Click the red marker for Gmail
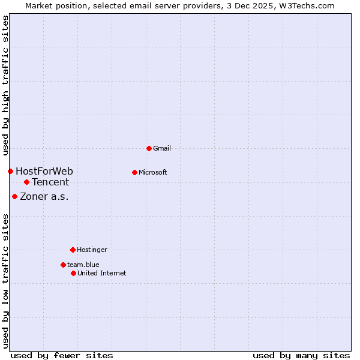(149, 148)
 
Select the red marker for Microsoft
(134, 172)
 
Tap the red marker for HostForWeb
(10, 171)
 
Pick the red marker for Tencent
(26, 182)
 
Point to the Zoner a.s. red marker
(14, 196)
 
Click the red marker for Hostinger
(73, 250)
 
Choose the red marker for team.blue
(63, 265)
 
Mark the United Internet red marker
(73, 273)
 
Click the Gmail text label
(162, 148)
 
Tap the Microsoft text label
(152, 172)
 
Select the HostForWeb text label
(44, 172)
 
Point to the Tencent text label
(50, 182)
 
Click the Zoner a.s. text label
(44, 196)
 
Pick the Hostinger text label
(92, 250)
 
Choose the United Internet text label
(101, 273)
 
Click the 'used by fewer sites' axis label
(62, 356)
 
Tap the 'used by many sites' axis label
(301, 356)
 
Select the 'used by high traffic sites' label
(6, 86)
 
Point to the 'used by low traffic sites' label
(6, 281)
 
